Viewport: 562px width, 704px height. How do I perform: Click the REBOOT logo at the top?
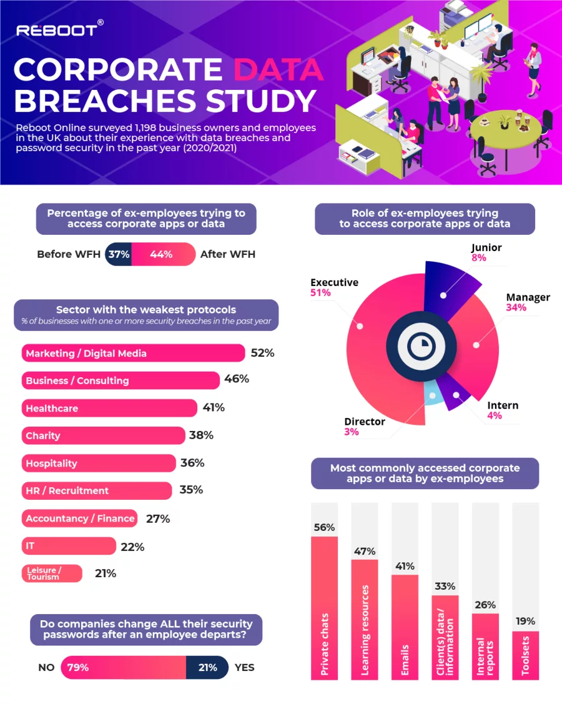click(57, 29)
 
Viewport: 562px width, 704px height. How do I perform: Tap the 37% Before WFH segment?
click(118, 254)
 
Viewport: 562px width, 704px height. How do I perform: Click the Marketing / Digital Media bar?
click(133, 353)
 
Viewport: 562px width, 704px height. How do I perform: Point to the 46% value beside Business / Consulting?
click(236, 380)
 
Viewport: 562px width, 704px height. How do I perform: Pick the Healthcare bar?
click(109, 408)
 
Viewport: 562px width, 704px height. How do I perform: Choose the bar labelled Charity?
click(103, 435)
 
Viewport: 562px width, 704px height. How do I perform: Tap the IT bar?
click(69, 546)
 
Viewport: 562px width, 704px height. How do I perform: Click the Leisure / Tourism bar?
click(52, 573)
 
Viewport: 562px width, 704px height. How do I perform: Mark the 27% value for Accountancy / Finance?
click(157, 518)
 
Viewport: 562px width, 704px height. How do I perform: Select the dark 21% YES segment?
click(207, 667)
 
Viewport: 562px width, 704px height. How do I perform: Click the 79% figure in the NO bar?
click(78, 667)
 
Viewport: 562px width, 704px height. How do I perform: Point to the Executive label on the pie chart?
click(334, 282)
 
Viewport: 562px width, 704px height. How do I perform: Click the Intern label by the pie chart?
click(503, 405)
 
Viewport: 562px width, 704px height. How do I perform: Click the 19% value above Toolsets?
click(525, 622)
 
